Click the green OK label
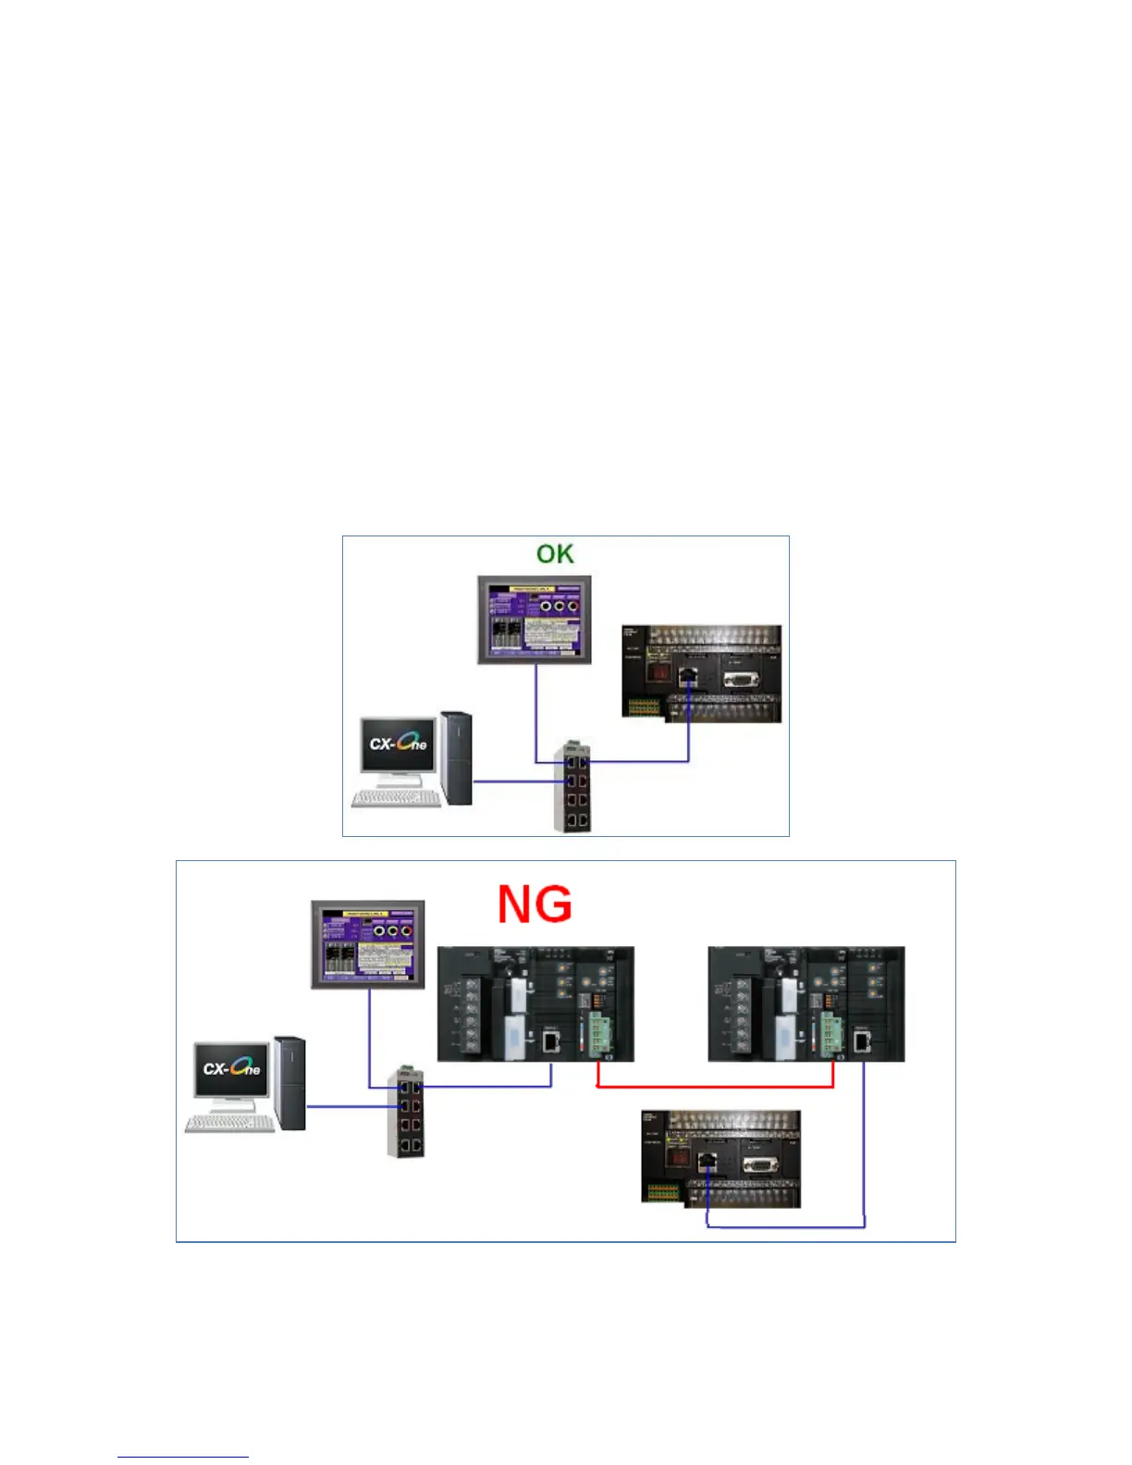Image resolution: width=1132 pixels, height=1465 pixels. [x=555, y=553]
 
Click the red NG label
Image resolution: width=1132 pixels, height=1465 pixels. [x=535, y=904]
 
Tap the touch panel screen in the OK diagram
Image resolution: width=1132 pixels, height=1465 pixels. [x=535, y=619]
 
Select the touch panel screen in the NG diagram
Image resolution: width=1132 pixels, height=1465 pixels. [x=368, y=943]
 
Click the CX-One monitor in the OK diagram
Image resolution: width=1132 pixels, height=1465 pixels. [x=399, y=744]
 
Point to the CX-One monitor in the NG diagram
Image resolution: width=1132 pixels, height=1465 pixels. [x=232, y=1069]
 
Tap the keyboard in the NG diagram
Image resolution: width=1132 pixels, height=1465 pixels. [x=230, y=1123]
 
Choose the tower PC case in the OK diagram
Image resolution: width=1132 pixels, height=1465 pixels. [x=456, y=757]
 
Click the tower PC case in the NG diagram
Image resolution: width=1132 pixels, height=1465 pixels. [x=289, y=1082]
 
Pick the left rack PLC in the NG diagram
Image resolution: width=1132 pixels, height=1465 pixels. [x=535, y=1003]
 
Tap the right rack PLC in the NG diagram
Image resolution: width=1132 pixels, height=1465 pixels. [x=806, y=1003]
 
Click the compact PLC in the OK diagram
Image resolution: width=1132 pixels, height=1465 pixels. [x=702, y=673]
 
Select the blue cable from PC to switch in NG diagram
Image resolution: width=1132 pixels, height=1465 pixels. [x=347, y=1106]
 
